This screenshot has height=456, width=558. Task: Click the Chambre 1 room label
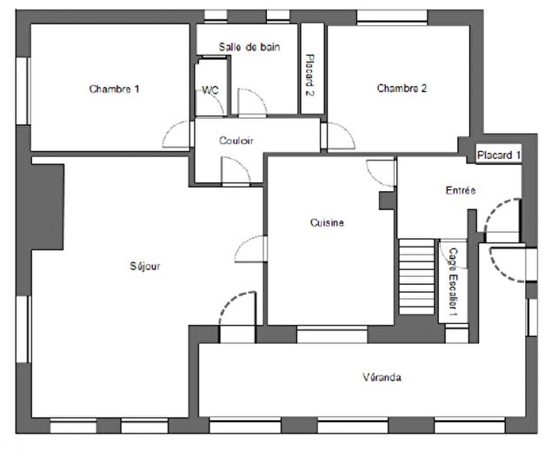click(114, 89)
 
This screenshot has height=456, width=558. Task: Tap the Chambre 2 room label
click(402, 88)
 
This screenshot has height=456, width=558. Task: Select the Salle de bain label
click(249, 48)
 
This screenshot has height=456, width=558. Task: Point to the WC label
click(210, 89)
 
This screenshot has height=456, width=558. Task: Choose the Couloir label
click(236, 141)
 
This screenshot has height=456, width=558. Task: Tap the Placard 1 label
click(499, 155)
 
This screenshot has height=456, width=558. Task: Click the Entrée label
click(460, 190)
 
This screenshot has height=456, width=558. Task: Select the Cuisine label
click(327, 222)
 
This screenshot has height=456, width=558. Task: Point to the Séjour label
click(145, 266)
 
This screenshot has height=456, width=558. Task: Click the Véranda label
click(382, 377)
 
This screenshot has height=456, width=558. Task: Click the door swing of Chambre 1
click(176, 135)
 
